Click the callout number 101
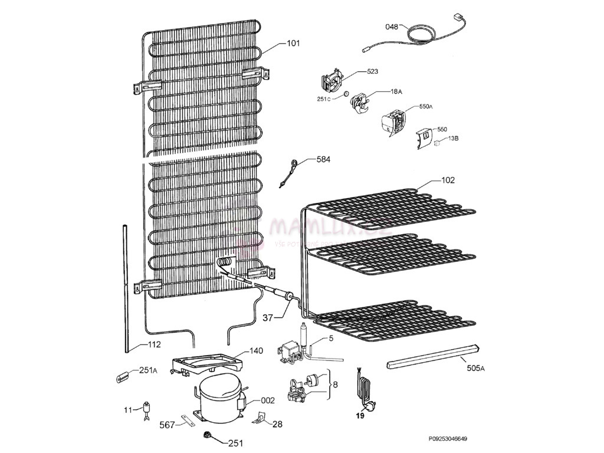[293, 43]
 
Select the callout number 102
[448, 180]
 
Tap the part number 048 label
[392, 27]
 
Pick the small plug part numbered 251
[207, 436]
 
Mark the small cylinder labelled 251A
[122, 376]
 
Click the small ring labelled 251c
[347, 94]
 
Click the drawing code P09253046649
[452, 439]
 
